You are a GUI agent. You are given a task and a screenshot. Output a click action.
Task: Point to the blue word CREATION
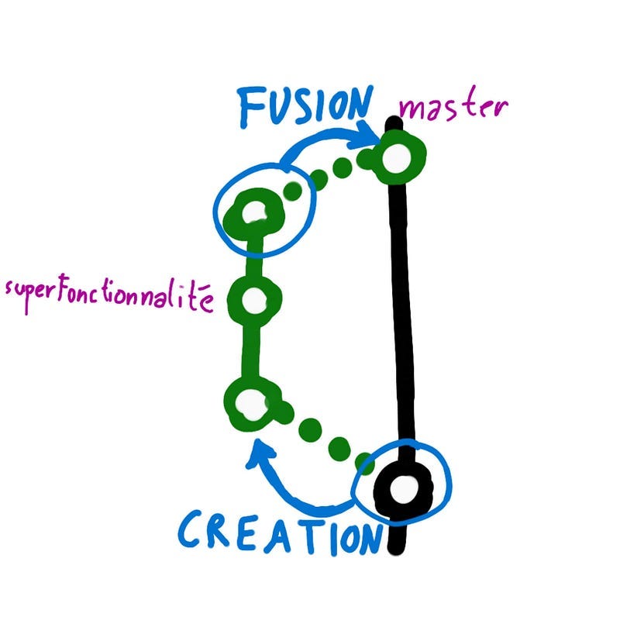coord(279,533)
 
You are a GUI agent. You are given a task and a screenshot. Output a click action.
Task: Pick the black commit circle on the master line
coord(402,489)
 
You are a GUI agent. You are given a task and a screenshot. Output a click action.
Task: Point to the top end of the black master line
coord(393,122)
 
